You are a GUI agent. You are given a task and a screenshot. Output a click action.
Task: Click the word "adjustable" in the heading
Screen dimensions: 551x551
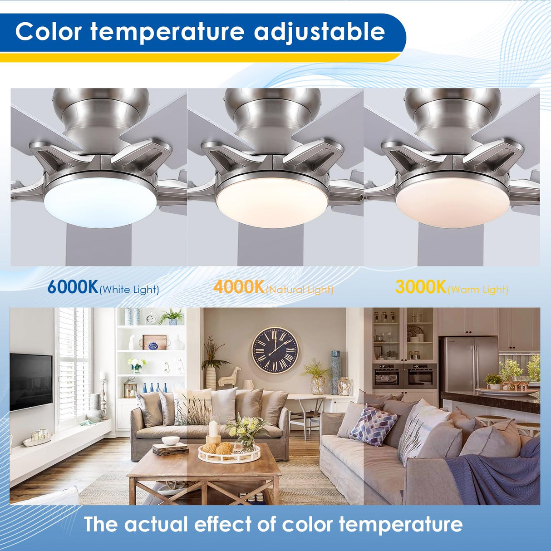[x=319, y=32]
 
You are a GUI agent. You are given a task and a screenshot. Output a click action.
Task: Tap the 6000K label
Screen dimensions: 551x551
[x=73, y=287]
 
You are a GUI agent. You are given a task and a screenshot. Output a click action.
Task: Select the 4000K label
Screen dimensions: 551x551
[x=239, y=287]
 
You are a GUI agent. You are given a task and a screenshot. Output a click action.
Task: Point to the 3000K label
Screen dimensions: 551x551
[x=421, y=287]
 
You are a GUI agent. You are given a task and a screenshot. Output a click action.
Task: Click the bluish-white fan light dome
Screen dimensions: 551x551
[x=100, y=201]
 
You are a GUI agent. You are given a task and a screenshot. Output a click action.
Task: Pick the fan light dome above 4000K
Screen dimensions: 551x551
[x=271, y=201]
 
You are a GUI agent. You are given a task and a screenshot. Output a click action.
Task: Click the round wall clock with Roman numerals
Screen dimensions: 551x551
[x=275, y=350]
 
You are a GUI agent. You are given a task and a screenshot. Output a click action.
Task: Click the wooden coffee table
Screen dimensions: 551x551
[x=204, y=472]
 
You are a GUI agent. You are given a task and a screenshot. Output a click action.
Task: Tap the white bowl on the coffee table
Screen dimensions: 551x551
[x=171, y=440]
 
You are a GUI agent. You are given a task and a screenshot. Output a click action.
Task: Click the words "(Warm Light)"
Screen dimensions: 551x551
[x=478, y=290]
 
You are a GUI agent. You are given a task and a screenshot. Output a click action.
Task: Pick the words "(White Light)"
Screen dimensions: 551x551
[x=129, y=290]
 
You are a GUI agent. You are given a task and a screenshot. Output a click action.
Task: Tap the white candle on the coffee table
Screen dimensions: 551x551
[x=213, y=429]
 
